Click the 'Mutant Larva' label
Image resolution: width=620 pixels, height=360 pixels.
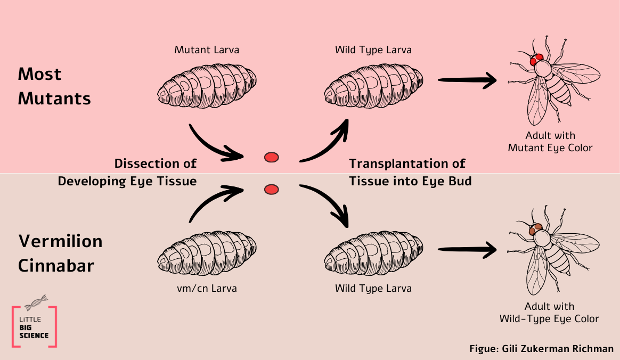[x=207, y=50]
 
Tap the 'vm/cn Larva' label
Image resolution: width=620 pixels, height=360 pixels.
[x=207, y=289]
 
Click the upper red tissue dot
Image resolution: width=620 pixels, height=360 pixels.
[x=272, y=157]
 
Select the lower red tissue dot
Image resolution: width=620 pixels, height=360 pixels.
[x=272, y=189]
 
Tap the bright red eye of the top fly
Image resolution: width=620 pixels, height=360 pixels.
[x=537, y=59]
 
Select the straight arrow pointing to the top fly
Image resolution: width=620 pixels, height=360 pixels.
[x=467, y=80]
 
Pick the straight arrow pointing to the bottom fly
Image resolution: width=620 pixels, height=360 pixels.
[x=467, y=249]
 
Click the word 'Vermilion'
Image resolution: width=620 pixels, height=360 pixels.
[x=60, y=241]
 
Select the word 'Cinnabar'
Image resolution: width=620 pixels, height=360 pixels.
[x=56, y=265]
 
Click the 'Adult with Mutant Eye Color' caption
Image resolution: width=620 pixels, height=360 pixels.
[x=550, y=142]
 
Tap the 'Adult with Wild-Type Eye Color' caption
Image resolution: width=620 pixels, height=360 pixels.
[x=549, y=313]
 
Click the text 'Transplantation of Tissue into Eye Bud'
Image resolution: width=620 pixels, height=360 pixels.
[x=410, y=172]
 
